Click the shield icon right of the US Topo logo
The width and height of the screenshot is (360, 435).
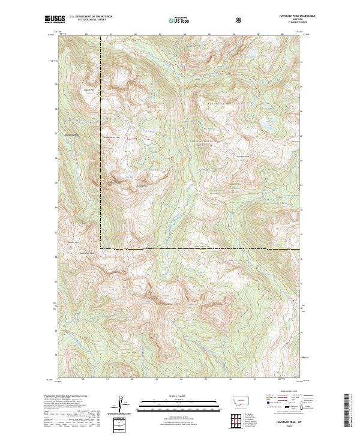click(x=240, y=20)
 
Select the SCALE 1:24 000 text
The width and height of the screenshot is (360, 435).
click(x=172, y=395)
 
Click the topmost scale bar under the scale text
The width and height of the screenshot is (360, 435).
click(x=172, y=400)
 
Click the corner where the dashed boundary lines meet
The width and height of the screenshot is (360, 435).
click(x=101, y=248)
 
